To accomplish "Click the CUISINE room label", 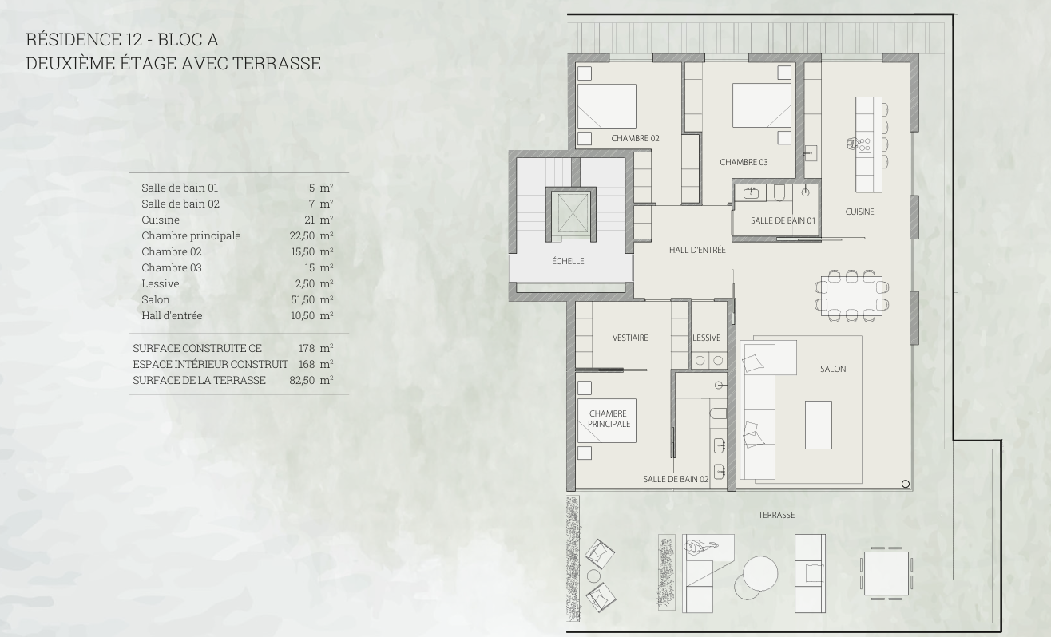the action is pyautogui.click(x=859, y=212).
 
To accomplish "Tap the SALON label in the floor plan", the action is pyautogui.click(x=833, y=369).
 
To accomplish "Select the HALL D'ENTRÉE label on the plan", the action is pyautogui.click(x=697, y=250).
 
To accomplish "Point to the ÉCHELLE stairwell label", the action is pyautogui.click(x=568, y=261).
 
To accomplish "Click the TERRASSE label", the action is pyautogui.click(x=776, y=515).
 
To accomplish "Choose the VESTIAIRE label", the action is pyautogui.click(x=630, y=338).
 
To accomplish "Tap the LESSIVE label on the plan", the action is pyautogui.click(x=707, y=338).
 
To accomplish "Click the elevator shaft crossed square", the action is pyautogui.click(x=570, y=213).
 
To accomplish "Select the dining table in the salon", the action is pyautogui.click(x=851, y=295).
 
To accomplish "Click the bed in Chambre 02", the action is pyautogui.click(x=607, y=106).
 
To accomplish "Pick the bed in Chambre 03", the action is pyautogui.click(x=762, y=105).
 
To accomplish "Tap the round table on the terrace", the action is pyautogui.click(x=760, y=572).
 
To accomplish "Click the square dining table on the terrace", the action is pyautogui.click(x=886, y=573).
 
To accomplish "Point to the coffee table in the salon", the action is pyautogui.click(x=819, y=425).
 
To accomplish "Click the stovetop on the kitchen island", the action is pyautogui.click(x=864, y=144).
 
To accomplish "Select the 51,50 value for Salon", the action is pyautogui.click(x=303, y=299).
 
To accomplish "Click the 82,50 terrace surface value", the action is pyautogui.click(x=302, y=380).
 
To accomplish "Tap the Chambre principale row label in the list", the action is pyautogui.click(x=191, y=235).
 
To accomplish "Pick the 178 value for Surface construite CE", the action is pyautogui.click(x=307, y=348).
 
